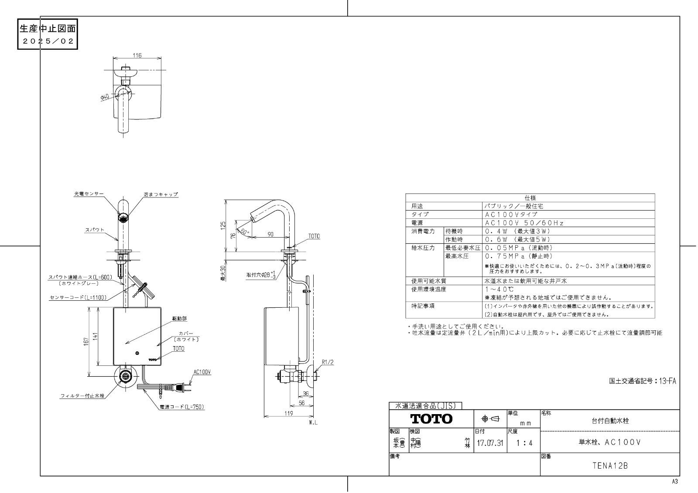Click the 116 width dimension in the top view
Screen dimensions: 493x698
coord(137,55)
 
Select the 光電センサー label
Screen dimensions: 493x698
coord(89,194)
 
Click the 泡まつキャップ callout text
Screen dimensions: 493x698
coord(161,194)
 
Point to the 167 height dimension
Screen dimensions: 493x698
coord(87,342)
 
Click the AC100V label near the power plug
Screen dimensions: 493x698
coord(202,372)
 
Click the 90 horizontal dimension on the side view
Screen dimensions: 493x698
coord(270,235)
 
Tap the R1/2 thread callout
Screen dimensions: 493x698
coord(328,362)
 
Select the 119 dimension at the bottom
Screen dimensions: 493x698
coord(289,414)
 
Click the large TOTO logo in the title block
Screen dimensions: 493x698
coord(431,419)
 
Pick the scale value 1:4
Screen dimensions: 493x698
coord(523,444)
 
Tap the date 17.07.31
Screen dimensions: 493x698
coord(490,444)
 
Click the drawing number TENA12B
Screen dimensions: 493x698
coord(610,466)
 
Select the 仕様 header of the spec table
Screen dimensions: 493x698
coord(530,198)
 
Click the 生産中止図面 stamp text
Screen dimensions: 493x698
coord(48,29)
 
